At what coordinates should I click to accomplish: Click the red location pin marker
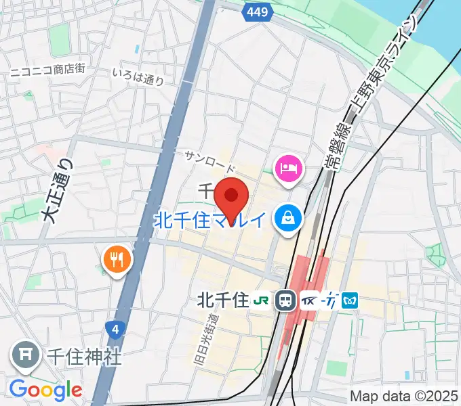coord(231,197)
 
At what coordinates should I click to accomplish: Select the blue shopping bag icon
coord(288,218)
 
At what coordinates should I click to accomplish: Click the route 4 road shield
coord(116,330)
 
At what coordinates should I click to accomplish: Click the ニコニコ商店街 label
coord(47,70)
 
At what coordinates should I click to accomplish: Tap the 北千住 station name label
coord(222,299)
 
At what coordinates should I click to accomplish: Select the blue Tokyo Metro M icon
coord(350,300)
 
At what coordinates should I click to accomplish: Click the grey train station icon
coord(285,300)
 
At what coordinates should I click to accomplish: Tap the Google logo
coord(46,390)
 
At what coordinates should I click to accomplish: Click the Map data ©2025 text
coord(403,396)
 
